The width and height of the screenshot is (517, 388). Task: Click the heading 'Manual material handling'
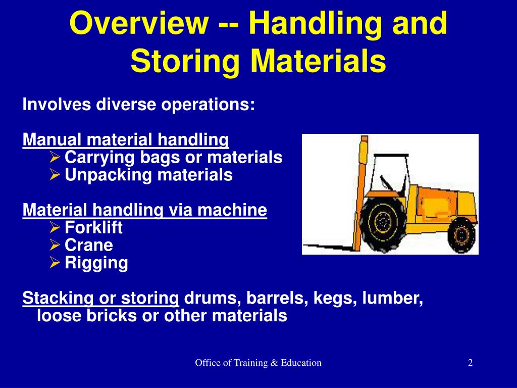pos(126,139)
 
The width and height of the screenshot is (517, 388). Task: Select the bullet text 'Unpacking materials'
pos(148,175)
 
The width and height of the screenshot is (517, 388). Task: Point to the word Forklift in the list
pos(93,228)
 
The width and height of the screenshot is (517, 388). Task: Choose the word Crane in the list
pos(89,246)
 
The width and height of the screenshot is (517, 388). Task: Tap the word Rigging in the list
pos(96,263)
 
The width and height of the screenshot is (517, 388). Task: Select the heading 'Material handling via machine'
pos(144,210)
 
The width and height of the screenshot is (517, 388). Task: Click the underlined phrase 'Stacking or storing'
pos(101,298)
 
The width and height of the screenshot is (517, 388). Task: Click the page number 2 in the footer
pos(470,362)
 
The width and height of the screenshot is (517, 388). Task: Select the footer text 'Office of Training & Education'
pos(258,362)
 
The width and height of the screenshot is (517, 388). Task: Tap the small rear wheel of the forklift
pos(460,233)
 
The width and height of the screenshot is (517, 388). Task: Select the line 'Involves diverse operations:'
pos(139,105)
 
